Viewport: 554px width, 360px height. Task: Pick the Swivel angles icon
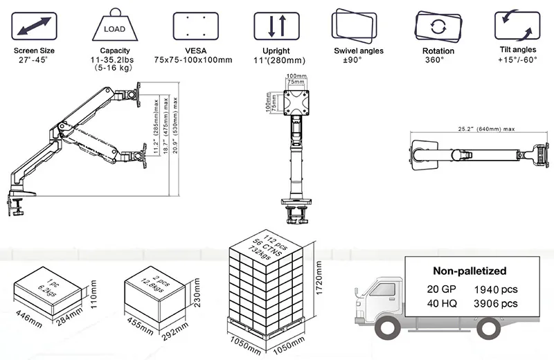(358, 26)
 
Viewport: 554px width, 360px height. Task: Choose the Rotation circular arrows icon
(438, 27)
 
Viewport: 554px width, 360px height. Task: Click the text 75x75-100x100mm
(193, 60)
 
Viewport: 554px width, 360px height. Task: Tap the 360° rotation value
(438, 60)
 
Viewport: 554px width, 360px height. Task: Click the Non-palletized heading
(470, 271)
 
